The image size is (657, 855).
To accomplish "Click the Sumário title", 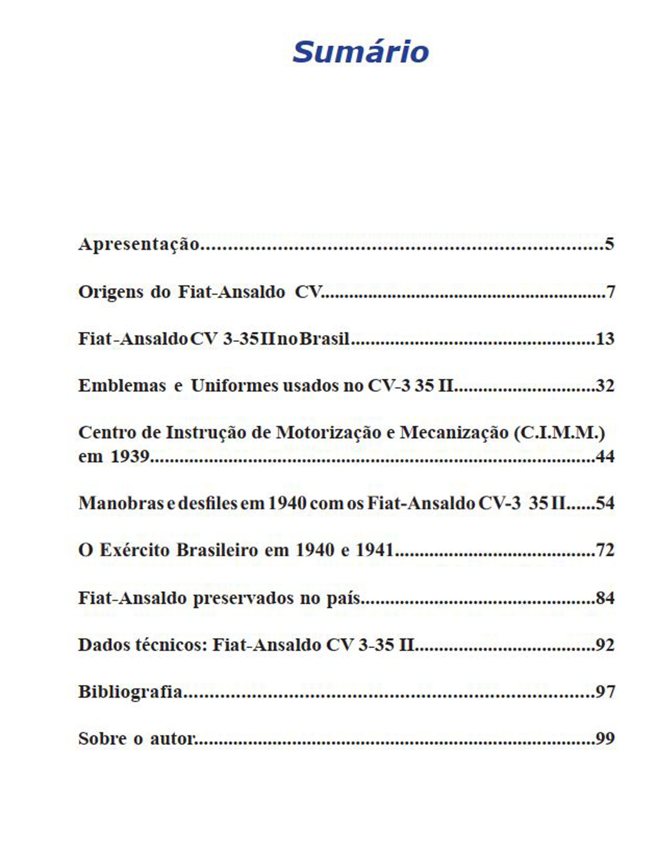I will (361, 52).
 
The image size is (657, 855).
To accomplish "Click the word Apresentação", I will (139, 244).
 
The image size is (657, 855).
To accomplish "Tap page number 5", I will (609, 244).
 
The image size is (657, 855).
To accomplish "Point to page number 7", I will (611, 292).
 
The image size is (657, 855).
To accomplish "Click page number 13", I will (605, 339).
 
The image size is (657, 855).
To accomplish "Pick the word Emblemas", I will (122, 386).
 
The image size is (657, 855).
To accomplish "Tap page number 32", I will (605, 386).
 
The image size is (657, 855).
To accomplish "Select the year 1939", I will (130, 457).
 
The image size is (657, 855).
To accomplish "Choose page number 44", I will (605, 457).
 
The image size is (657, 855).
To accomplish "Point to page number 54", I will (605, 503).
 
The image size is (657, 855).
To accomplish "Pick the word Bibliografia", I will (130, 692).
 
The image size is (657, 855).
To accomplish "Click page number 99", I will (605, 738).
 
